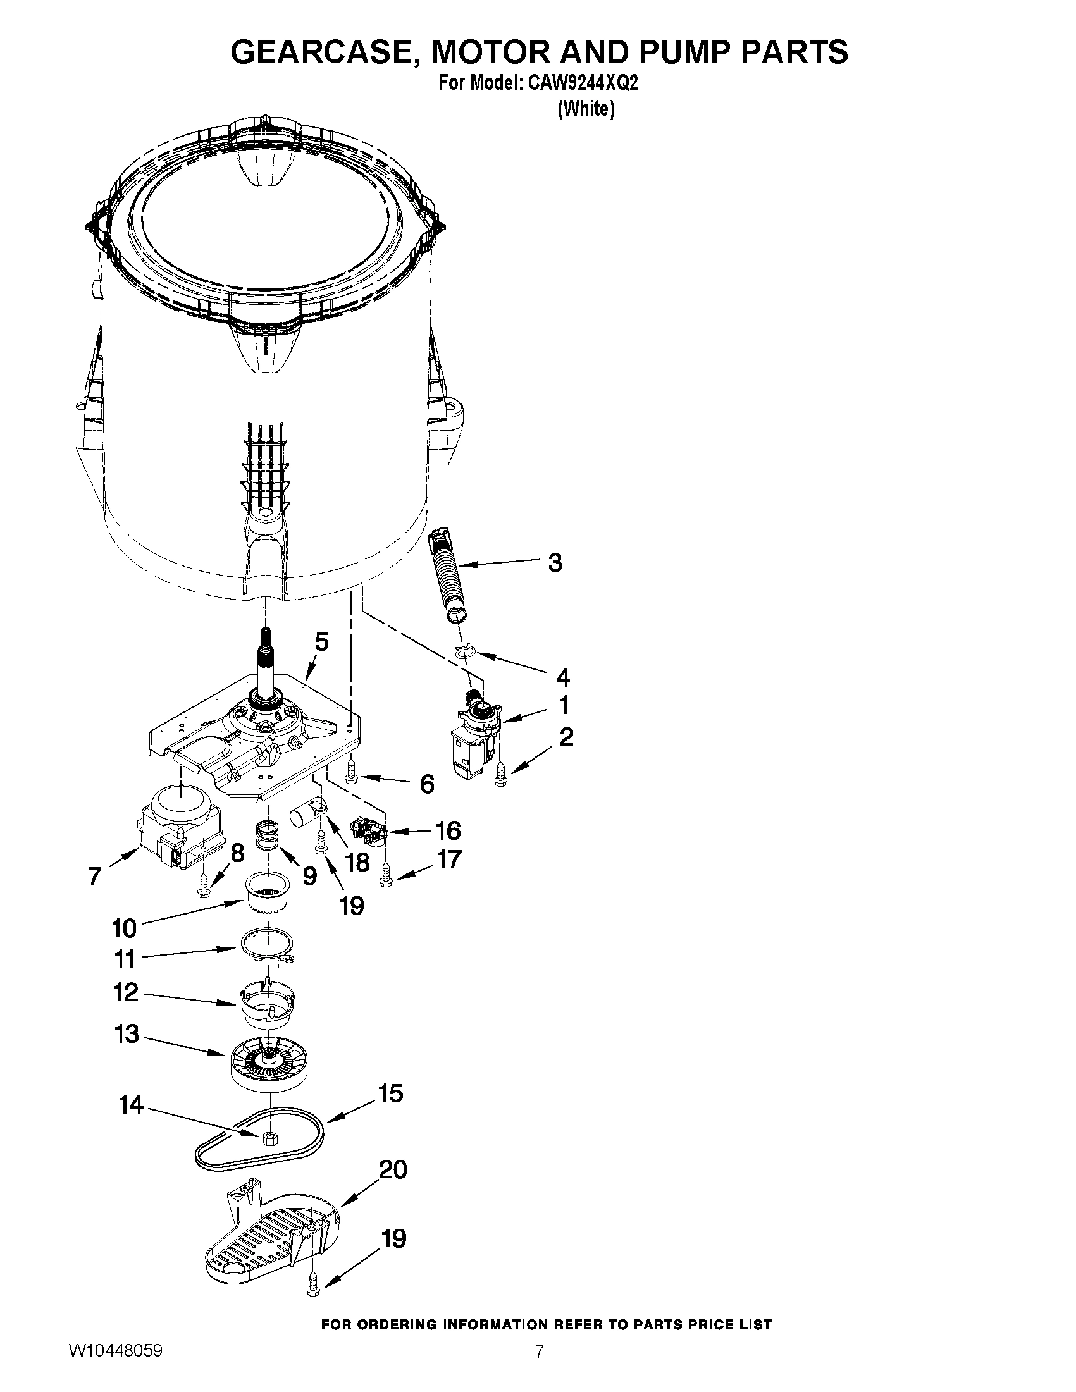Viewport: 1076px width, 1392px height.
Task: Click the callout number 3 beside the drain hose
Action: click(x=555, y=563)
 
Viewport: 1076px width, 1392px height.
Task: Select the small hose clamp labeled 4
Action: click(x=466, y=651)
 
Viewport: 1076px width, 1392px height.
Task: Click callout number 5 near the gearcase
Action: click(x=322, y=643)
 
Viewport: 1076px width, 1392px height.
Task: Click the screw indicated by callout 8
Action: click(x=204, y=885)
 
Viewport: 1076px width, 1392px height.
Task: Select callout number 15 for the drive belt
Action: click(x=390, y=1093)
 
